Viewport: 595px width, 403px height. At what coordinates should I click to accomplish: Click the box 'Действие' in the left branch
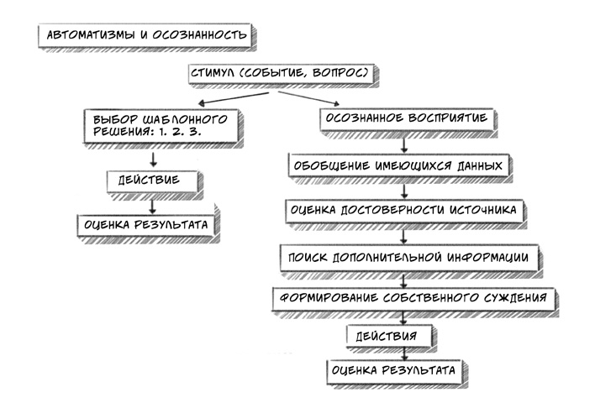pyautogui.click(x=155, y=181)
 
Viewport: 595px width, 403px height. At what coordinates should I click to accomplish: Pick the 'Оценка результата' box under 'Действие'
pyautogui.click(x=147, y=224)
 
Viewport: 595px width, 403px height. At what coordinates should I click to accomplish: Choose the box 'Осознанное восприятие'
pyautogui.click(x=404, y=118)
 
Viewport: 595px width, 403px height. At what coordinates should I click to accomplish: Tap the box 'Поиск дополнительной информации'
pyautogui.click(x=405, y=256)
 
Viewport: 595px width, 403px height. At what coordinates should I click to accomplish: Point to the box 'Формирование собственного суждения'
pyautogui.click(x=413, y=298)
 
